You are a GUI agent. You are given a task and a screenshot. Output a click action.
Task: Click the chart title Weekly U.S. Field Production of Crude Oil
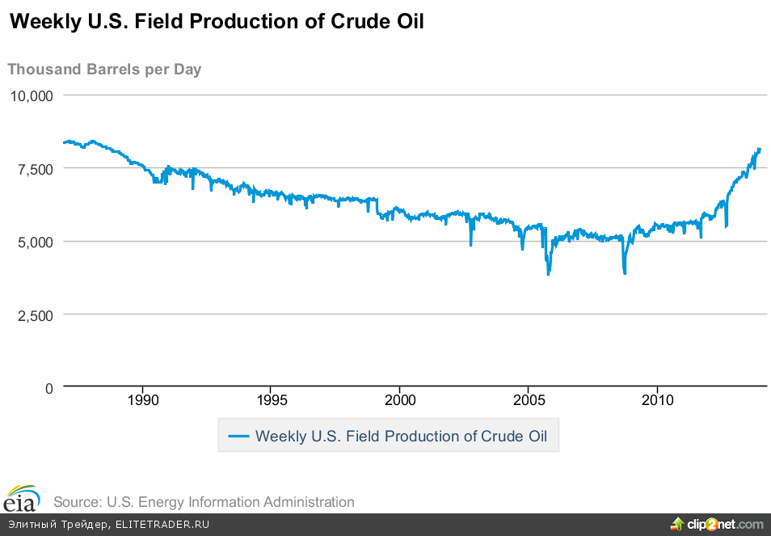pyautogui.click(x=216, y=23)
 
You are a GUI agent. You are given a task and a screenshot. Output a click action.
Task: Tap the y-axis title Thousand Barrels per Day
pyautogui.click(x=104, y=70)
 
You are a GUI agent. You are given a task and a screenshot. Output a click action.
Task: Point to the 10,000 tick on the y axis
pyautogui.click(x=32, y=95)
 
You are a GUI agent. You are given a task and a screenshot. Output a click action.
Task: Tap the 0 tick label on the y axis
pyautogui.click(x=49, y=388)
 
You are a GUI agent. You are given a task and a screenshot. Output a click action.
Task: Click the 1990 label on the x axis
pyautogui.click(x=143, y=401)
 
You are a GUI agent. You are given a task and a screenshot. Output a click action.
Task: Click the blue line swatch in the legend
pyautogui.click(x=238, y=437)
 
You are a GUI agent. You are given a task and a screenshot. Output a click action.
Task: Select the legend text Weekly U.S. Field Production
pyautogui.click(x=401, y=437)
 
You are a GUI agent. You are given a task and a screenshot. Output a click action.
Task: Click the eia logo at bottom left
pyautogui.click(x=22, y=499)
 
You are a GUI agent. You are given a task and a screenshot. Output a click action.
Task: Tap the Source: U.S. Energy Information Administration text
pyautogui.click(x=204, y=502)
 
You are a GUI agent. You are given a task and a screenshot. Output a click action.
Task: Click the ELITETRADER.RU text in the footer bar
pyautogui.click(x=162, y=525)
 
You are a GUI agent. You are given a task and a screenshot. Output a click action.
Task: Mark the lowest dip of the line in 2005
pyautogui.click(x=548, y=274)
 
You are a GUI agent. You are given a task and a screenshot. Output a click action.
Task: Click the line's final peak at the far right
pyautogui.click(x=759, y=149)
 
